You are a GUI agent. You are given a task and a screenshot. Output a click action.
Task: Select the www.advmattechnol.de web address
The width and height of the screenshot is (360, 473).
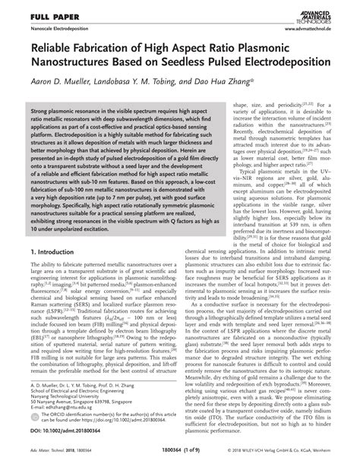coord(313,28)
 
